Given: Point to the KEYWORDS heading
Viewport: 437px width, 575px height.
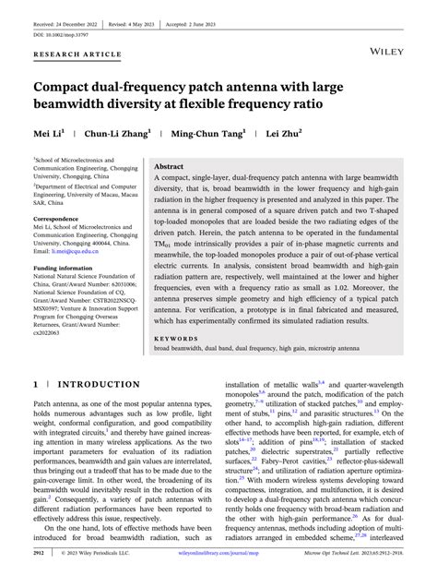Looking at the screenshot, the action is tap(174, 338).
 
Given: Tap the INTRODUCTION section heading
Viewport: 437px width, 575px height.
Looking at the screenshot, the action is tap(88, 384).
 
